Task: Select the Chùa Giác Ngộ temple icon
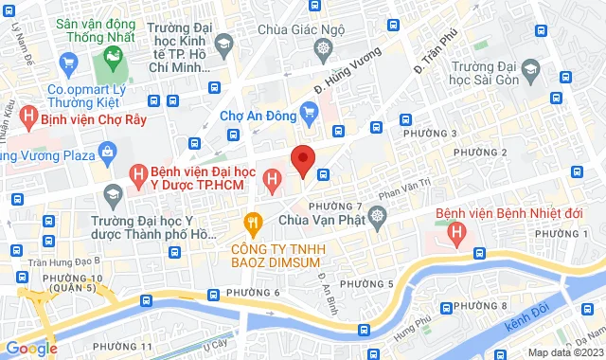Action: (324, 47)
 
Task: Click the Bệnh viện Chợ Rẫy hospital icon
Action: (28, 119)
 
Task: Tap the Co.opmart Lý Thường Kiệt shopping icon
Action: (67, 64)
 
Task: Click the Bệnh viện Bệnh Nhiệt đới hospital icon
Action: (457, 230)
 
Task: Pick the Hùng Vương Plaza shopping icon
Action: (106, 150)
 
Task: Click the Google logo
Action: (29, 348)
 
